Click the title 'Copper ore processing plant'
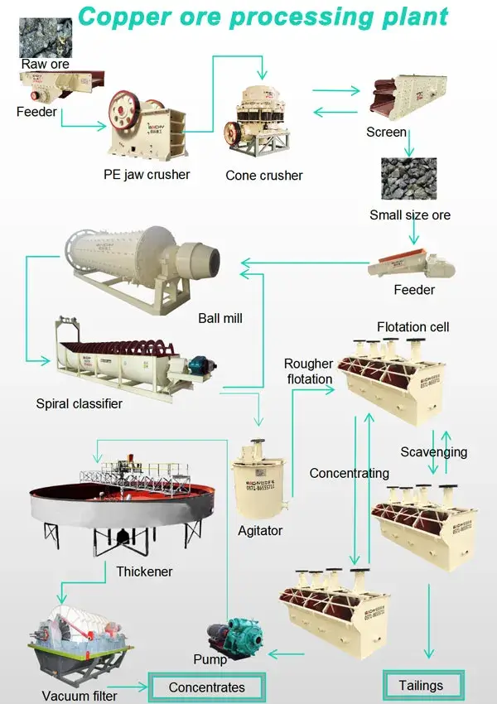click(263, 17)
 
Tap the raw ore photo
click(46, 37)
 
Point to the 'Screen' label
click(386, 132)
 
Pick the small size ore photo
click(408, 179)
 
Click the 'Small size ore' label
click(410, 215)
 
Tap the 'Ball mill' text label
click(220, 318)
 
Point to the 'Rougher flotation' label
click(308, 371)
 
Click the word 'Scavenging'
click(433, 452)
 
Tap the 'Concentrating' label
click(349, 474)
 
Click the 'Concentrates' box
click(207, 687)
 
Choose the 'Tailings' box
click(421, 686)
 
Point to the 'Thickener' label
click(144, 571)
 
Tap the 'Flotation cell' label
click(413, 327)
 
